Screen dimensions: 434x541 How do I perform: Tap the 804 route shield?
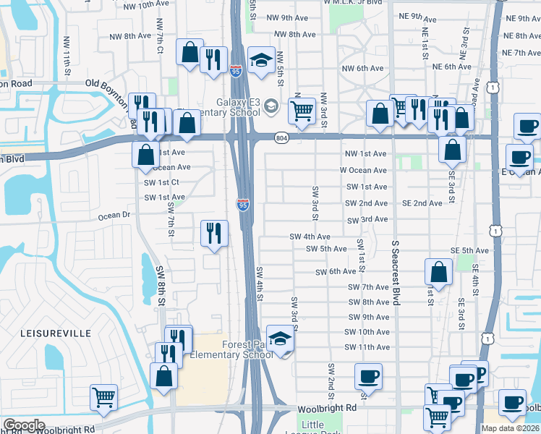(281, 137)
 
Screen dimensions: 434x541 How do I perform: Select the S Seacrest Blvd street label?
(396, 273)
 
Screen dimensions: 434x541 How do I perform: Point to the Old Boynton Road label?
(114, 84)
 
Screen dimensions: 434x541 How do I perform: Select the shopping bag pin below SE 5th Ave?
(439, 272)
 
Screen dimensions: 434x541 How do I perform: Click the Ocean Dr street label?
(114, 216)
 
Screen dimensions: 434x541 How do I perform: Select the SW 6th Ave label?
(336, 272)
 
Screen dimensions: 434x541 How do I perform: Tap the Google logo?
(24, 425)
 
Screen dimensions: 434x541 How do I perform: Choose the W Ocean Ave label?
(363, 171)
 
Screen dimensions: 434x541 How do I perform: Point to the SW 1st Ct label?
(161, 182)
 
